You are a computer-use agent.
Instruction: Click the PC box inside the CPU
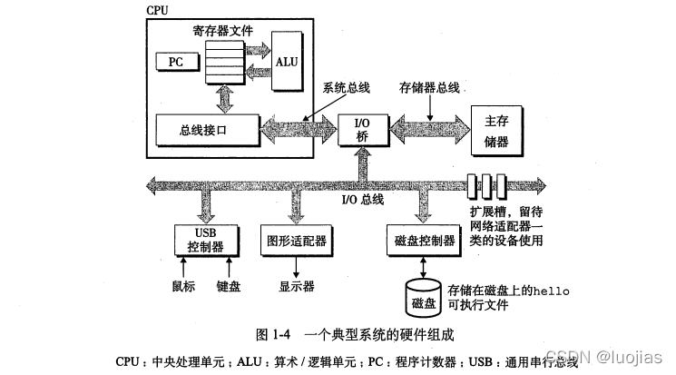[x=174, y=61]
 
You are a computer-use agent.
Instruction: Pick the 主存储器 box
[x=496, y=129]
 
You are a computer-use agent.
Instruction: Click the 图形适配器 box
[x=292, y=239]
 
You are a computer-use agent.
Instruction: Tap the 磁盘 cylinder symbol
[x=423, y=296]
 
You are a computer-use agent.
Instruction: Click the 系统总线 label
[x=346, y=89]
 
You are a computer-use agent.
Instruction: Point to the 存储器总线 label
[x=429, y=89]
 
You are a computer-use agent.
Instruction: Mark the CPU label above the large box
[x=157, y=10]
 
